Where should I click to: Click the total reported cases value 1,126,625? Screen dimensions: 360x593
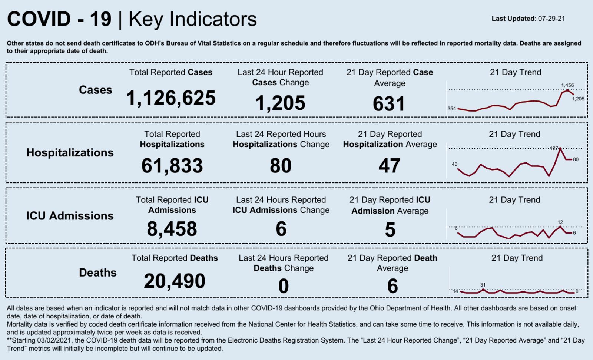click(x=171, y=98)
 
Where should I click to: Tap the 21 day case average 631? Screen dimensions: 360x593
click(x=389, y=104)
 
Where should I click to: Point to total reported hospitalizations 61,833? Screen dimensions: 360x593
click(x=172, y=166)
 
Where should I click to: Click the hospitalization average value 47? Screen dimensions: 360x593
click(x=389, y=166)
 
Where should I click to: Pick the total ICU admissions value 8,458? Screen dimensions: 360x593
click(x=172, y=229)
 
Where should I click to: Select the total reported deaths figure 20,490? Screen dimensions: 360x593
click(x=175, y=281)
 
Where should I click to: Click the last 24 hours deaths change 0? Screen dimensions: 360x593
click(x=284, y=286)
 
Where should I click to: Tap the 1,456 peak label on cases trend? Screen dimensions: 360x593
click(x=567, y=85)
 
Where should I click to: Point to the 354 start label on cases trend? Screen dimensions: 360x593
click(x=451, y=109)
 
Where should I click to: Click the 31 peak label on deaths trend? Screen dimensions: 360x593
click(x=483, y=285)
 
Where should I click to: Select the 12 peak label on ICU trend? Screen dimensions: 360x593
click(x=560, y=222)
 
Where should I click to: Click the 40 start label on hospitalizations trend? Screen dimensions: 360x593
click(x=454, y=164)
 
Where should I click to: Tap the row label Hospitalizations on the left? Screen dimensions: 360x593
click(x=70, y=153)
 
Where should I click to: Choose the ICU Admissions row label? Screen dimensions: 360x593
click(x=70, y=216)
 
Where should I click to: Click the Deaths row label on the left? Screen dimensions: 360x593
click(x=98, y=273)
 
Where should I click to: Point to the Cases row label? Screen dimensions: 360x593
click(x=95, y=90)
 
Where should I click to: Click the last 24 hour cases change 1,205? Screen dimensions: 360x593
click(x=280, y=103)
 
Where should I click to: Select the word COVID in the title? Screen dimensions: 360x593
click(x=39, y=19)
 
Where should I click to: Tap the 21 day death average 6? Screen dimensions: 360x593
click(x=392, y=286)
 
